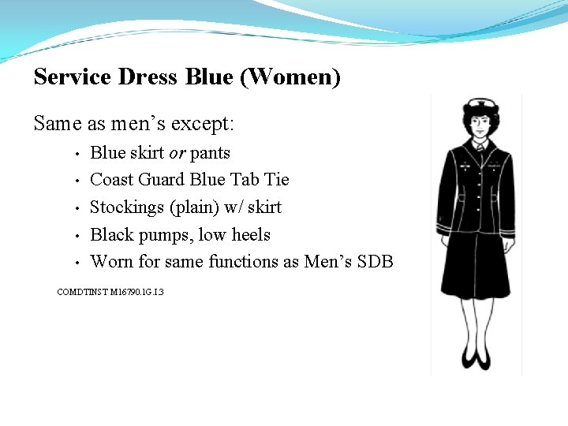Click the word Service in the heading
pyautogui.click(x=73, y=77)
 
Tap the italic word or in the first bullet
pyautogui.click(x=177, y=152)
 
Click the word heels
pyautogui.click(x=251, y=235)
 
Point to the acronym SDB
pyautogui.click(x=376, y=261)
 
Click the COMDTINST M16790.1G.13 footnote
pyautogui.click(x=110, y=292)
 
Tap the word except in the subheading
pyautogui.click(x=207, y=124)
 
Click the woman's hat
pyautogui.click(x=478, y=106)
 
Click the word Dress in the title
pyautogui.click(x=148, y=77)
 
